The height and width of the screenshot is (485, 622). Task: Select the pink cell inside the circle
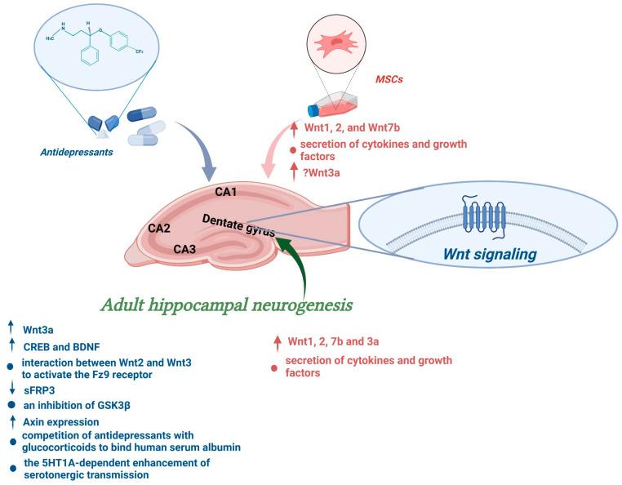(x=335, y=45)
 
